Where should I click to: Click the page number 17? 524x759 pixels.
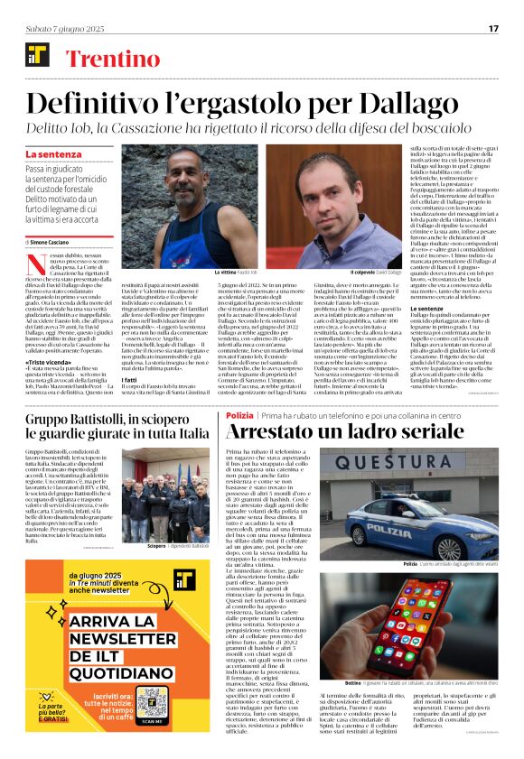click(493, 28)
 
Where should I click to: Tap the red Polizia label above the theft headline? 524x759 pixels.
click(239, 414)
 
